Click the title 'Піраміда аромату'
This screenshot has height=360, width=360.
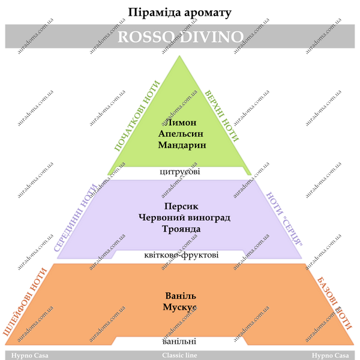click(x=179, y=13)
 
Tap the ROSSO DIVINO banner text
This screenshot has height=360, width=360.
click(x=181, y=37)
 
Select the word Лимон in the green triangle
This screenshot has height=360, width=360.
click(x=181, y=122)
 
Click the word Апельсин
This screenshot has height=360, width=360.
click(x=181, y=134)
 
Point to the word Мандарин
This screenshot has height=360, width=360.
click(x=182, y=145)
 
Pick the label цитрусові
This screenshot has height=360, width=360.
click(x=180, y=172)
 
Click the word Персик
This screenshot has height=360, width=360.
click(x=181, y=206)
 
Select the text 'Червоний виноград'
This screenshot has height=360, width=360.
click(x=184, y=217)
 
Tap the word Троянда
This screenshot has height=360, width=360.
click(x=181, y=229)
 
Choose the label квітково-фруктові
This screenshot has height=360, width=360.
click(x=181, y=255)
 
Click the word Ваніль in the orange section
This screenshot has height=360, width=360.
click(x=181, y=296)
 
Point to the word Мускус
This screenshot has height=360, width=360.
click(x=179, y=307)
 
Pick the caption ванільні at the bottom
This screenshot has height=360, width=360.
click(x=179, y=341)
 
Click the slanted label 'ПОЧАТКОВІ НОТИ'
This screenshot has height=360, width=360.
click(x=137, y=116)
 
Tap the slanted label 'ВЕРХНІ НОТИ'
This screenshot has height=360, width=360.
click(x=222, y=116)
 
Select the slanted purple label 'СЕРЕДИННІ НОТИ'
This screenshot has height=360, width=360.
click(x=76, y=218)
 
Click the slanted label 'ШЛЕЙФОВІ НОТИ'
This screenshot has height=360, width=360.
click(x=25, y=302)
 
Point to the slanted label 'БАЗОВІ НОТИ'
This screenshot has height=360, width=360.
click(x=335, y=304)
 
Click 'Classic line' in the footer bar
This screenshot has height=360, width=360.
click(x=179, y=355)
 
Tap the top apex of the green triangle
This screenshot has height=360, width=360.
click(x=179, y=56)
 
